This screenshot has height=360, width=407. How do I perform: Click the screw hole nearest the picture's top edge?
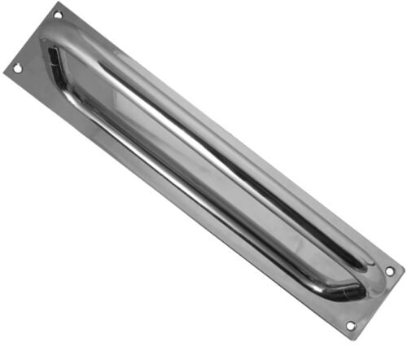pos(58,15)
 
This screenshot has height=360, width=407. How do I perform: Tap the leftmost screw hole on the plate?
pos(18,69)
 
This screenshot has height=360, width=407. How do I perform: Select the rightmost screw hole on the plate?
pos(389,270)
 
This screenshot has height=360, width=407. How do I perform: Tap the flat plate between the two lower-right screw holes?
pos(371,298)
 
